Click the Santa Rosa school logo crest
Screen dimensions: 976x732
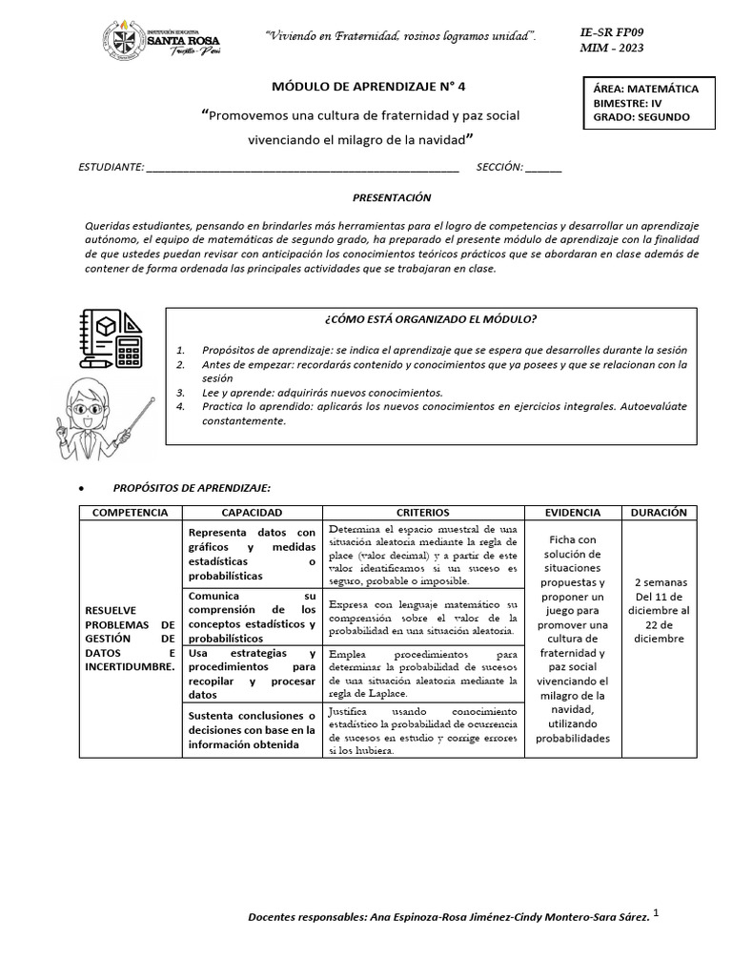click(x=122, y=41)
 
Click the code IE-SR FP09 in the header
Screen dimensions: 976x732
click(x=618, y=31)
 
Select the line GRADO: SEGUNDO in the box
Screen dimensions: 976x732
click(x=640, y=117)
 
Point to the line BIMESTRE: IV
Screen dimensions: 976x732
click(x=626, y=103)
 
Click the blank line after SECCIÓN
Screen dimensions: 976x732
click(x=543, y=168)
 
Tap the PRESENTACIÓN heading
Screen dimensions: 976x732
click(x=392, y=197)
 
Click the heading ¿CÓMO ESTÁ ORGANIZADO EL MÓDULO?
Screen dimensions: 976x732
click(x=437, y=319)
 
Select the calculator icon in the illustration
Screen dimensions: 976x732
click(x=129, y=350)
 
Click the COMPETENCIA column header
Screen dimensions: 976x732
click(x=130, y=513)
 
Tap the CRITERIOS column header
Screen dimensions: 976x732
click(x=423, y=513)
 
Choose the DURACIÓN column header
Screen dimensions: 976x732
click(x=659, y=513)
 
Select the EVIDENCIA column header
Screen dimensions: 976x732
click(x=573, y=513)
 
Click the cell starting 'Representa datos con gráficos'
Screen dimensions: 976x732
click(x=252, y=554)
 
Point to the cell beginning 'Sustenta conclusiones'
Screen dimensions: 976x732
click(x=252, y=730)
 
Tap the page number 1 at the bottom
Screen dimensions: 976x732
click(x=657, y=913)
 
